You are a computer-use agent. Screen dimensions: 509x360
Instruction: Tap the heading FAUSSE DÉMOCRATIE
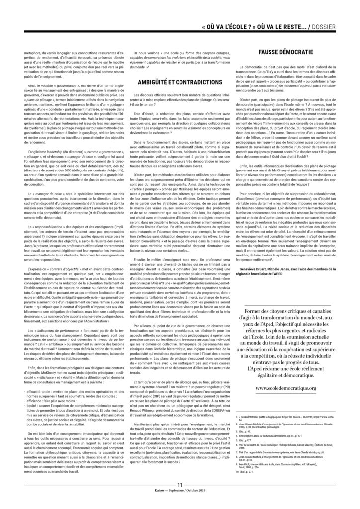[x=285, y=51]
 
